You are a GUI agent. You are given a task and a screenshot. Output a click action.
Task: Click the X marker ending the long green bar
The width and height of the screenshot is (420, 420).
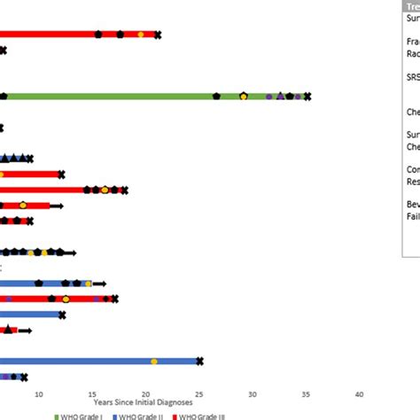pos(307,96)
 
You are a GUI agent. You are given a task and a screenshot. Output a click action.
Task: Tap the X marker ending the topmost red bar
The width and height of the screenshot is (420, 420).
pos(158,35)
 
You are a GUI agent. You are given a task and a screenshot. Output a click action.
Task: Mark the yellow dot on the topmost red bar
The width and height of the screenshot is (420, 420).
pos(141,35)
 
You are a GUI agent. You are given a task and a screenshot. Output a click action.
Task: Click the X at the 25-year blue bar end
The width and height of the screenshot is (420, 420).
pos(199,361)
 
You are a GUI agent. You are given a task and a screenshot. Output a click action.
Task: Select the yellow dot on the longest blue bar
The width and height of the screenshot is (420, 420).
pos(154,361)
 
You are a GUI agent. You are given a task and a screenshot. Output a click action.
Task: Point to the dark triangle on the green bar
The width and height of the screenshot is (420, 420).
pos(281,96)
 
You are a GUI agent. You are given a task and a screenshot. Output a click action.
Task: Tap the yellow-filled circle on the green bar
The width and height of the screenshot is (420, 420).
pos(244,96)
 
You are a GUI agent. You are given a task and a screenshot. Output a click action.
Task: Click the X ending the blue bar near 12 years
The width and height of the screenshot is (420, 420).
pos(62,315)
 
